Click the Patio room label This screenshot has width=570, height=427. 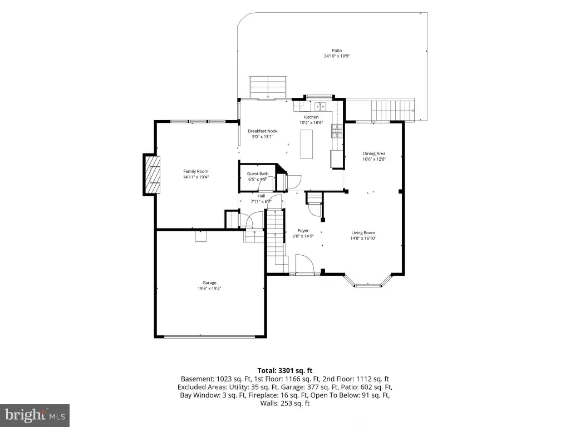point(337,51)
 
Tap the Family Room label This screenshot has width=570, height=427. point(195,171)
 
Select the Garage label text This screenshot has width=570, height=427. point(209,283)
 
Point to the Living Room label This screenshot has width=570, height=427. point(363,233)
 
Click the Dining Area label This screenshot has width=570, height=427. point(374,153)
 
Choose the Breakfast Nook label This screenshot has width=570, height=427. point(263,131)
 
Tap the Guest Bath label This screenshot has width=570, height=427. point(258,174)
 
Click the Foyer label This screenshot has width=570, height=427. point(303,231)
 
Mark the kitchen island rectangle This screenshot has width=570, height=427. point(307,144)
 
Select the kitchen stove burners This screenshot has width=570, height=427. point(337,131)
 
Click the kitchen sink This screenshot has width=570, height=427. point(320,106)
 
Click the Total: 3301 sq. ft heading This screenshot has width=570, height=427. point(285,371)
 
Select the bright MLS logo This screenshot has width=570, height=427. point(35,415)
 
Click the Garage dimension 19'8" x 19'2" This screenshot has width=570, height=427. point(209,289)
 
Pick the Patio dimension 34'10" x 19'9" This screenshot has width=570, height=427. point(337,56)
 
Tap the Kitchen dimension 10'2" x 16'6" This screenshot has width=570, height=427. point(311,123)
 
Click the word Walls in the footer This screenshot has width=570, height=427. point(269,403)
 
